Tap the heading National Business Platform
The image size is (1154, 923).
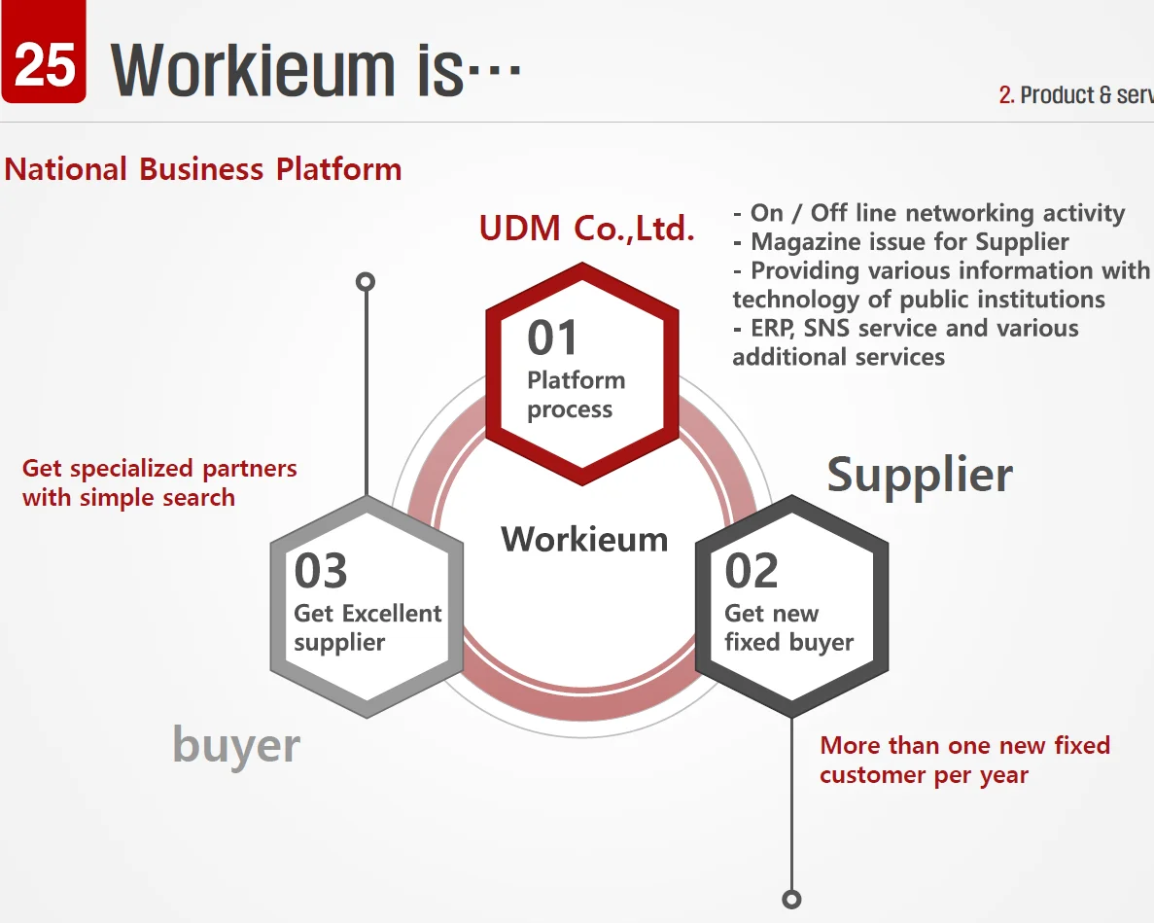pyautogui.click(x=203, y=169)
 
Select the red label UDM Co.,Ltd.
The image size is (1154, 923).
pyautogui.click(x=586, y=229)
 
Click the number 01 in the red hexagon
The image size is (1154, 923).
pyautogui.click(x=553, y=337)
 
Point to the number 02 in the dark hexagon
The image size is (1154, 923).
pyautogui.click(x=752, y=571)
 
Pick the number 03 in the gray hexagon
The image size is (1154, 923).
pyautogui.click(x=321, y=571)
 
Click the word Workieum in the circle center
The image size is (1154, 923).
pyautogui.click(x=584, y=539)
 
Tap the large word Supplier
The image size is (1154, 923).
pyautogui.click(x=919, y=476)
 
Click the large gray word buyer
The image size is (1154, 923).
pyautogui.click(x=236, y=746)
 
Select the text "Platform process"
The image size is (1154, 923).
pyautogui.click(x=576, y=395)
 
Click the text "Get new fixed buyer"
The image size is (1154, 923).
pyautogui.click(x=788, y=628)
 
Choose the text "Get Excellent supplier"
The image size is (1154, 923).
pyautogui.click(x=367, y=628)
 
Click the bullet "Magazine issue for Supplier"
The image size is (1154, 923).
pyautogui.click(x=909, y=242)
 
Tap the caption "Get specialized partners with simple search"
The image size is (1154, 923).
pyautogui.click(x=158, y=482)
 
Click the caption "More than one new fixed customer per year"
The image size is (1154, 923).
pyautogui.click(x=963, y=760)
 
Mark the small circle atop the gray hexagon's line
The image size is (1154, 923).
pyautogui.click(x=366, y=282)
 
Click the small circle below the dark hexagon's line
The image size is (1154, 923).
pyautogui.click(x=792, y=899)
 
